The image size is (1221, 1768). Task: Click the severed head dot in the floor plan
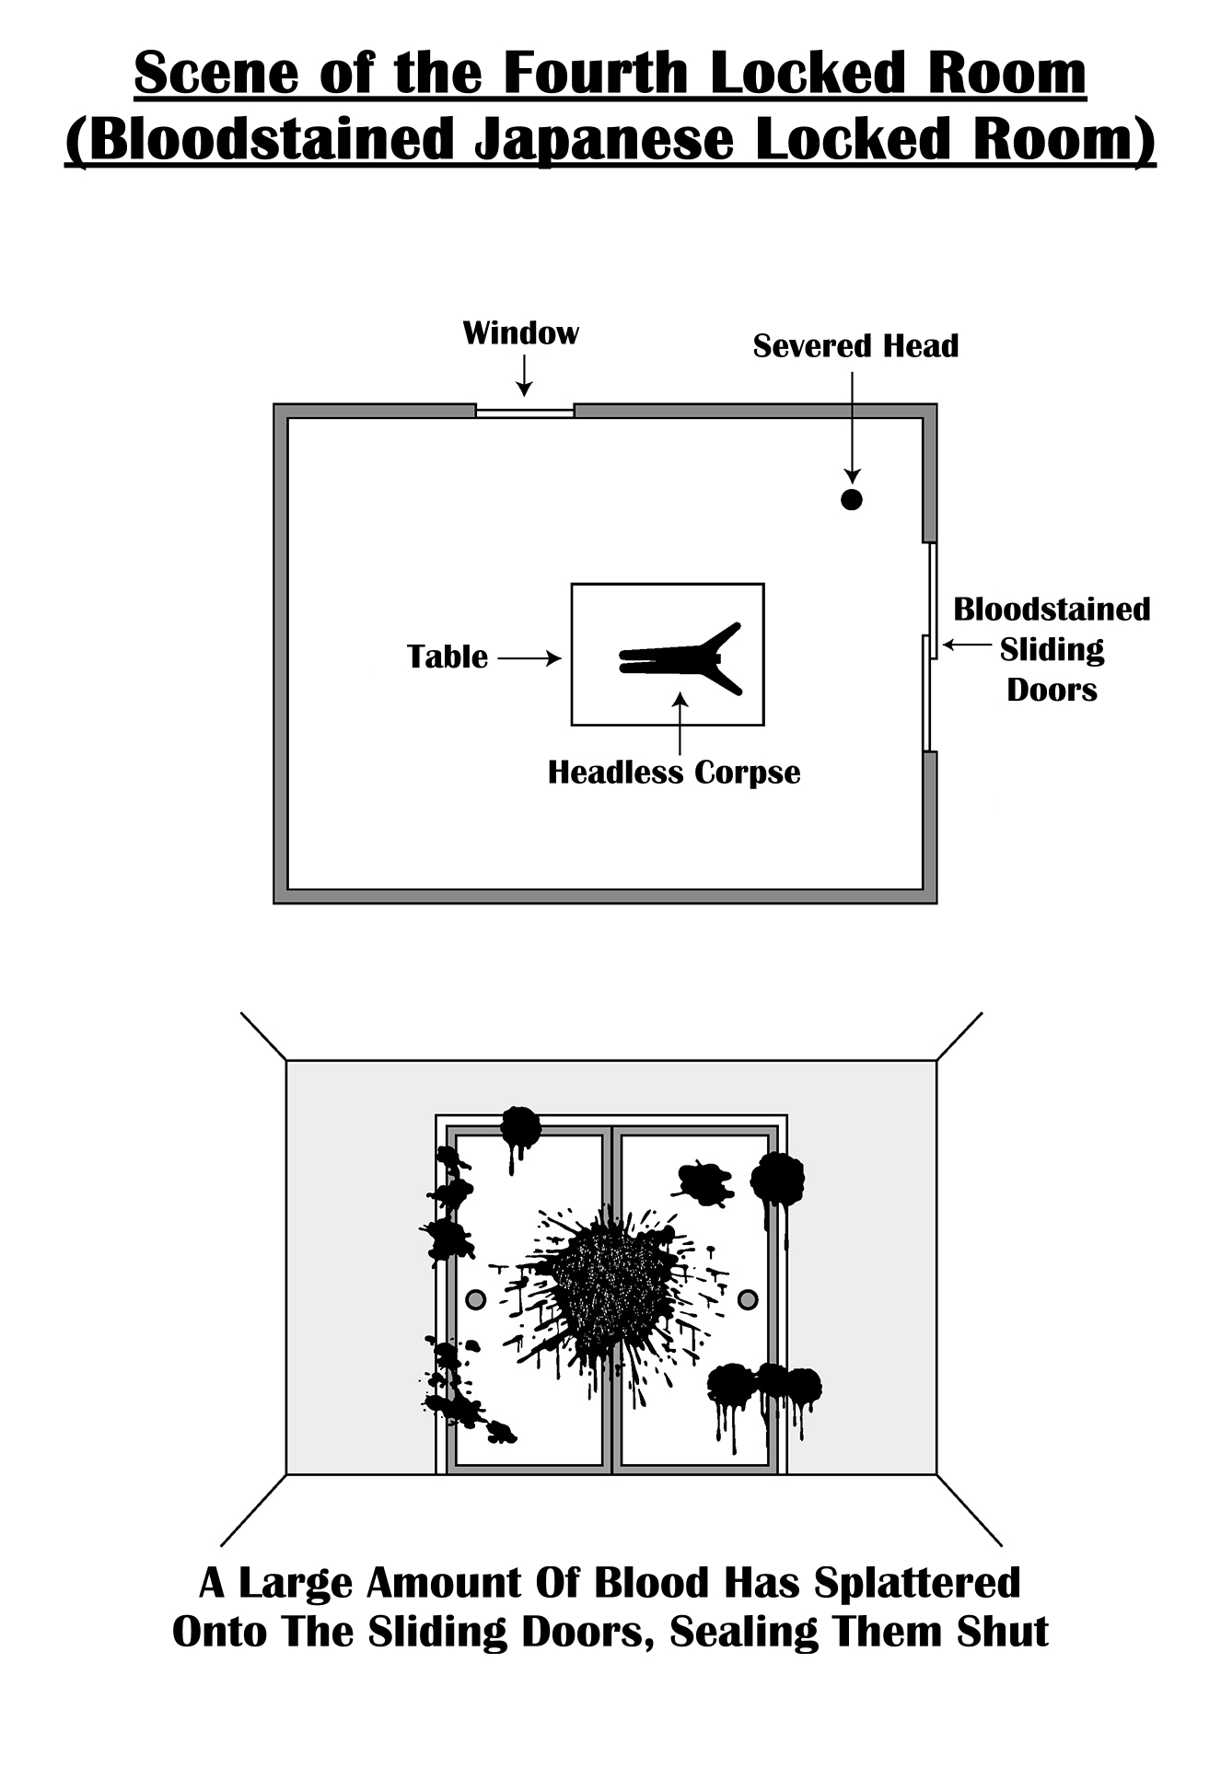pyautogui.click(x=852, y=500)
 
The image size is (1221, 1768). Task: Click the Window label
pyautogui.click(x=520, y=332)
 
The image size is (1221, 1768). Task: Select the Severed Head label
pyautogui.click(x=855, y=346)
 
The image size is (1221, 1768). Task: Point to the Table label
pyautogui.click(x=448, y=657)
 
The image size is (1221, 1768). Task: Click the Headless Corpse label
pyautogui.click(x=674, y=773)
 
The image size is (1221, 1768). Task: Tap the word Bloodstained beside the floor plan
pyautogui.click(x=1052, y=610)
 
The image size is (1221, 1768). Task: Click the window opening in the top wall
pyautogui.click(x=525, y=412)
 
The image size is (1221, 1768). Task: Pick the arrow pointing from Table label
pyautogui.click(x=529, y=658)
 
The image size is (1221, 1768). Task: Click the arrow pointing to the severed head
pyautogui.click(x=853, y=424)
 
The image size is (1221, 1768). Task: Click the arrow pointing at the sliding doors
pyautogui.click(x=965, y=646)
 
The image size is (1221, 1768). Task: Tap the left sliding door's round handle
pyautogui.click(x=475, y=1299)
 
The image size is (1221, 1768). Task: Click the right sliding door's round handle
pyautogui.click(x=749, y=1299)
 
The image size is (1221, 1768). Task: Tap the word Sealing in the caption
pyautogui.click(x=744, y=1632)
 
